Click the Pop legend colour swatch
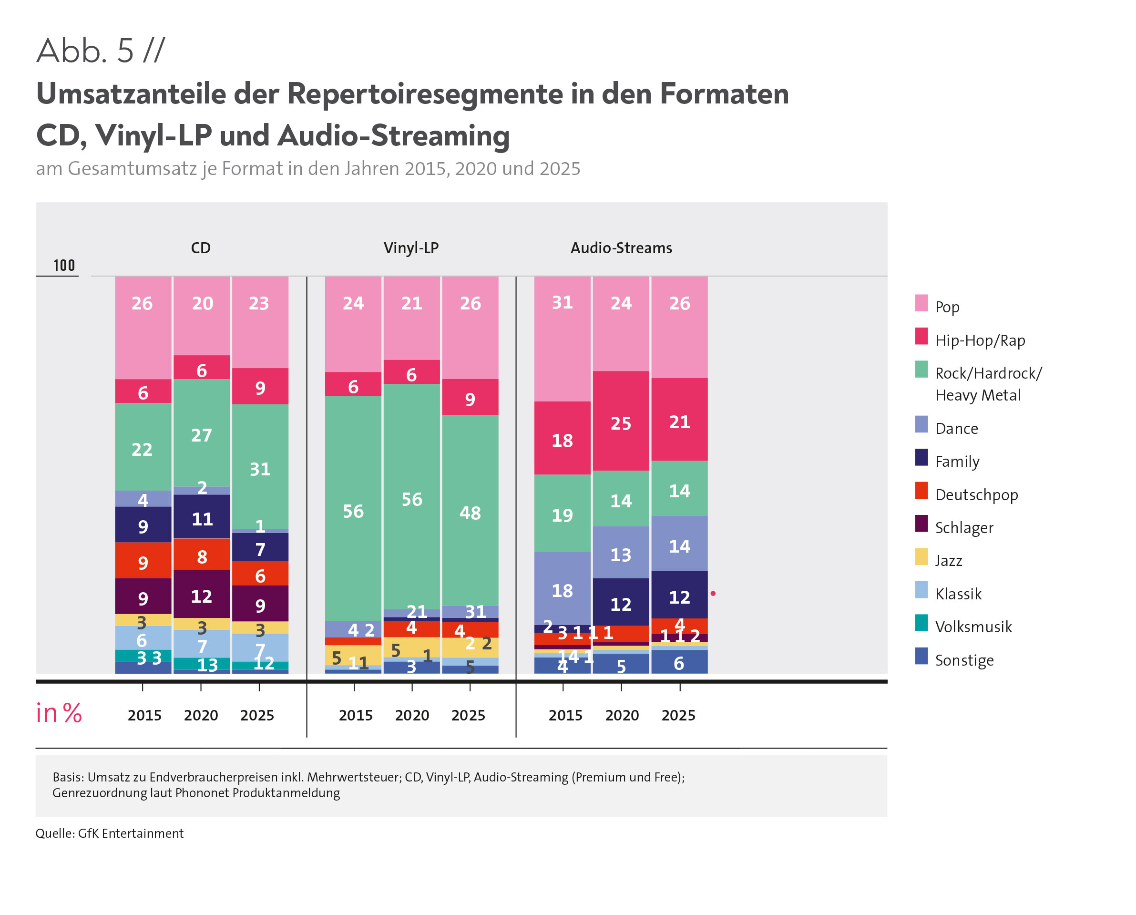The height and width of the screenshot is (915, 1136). pyautogui.click(x=921, y=303)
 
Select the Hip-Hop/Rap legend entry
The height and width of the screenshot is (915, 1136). pyautogui.click(x=980, y=340)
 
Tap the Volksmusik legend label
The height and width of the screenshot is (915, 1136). pyautogui.click(x=973, y=627)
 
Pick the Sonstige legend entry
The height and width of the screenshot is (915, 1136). pyautogui.click(x=964, y=660)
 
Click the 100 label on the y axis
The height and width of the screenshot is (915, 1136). pyautogui.click(x=64, y=265)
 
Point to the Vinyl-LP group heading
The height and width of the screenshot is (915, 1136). pyautogui.click(x=411, y=248)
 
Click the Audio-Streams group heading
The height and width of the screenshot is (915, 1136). pyautogui.click(x=621, y=248)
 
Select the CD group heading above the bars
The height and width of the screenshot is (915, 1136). pyautogui.click(x=200, y=248)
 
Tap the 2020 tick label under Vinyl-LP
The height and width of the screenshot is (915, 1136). pyautogui.click(x=411, y=715)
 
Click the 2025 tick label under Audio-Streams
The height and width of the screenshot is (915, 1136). pyautogui.click(x=678, y=715)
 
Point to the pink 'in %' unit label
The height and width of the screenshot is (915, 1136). pyautogui.click(x=59, y=713)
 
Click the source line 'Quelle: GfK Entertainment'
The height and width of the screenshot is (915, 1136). pyautogui.click(x=110, y=833)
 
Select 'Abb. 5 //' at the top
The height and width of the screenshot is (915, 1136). pyautogui.click(x=100, y=51)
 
